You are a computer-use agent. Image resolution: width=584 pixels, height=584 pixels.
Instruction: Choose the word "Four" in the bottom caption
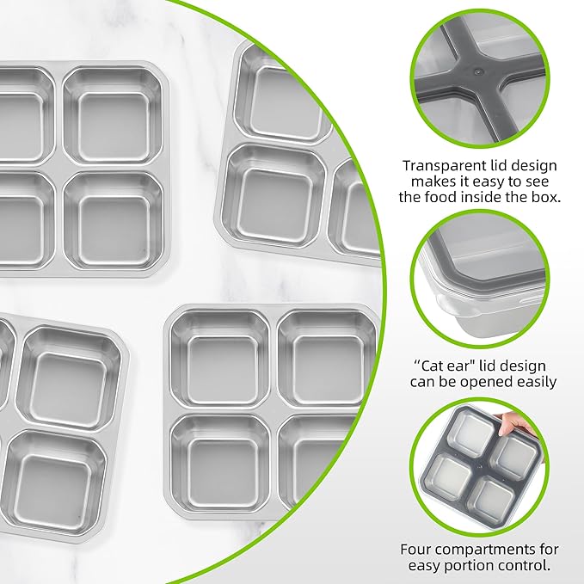click(417, 549)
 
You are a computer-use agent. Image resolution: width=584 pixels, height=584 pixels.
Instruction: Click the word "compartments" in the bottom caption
click(486, 549)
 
